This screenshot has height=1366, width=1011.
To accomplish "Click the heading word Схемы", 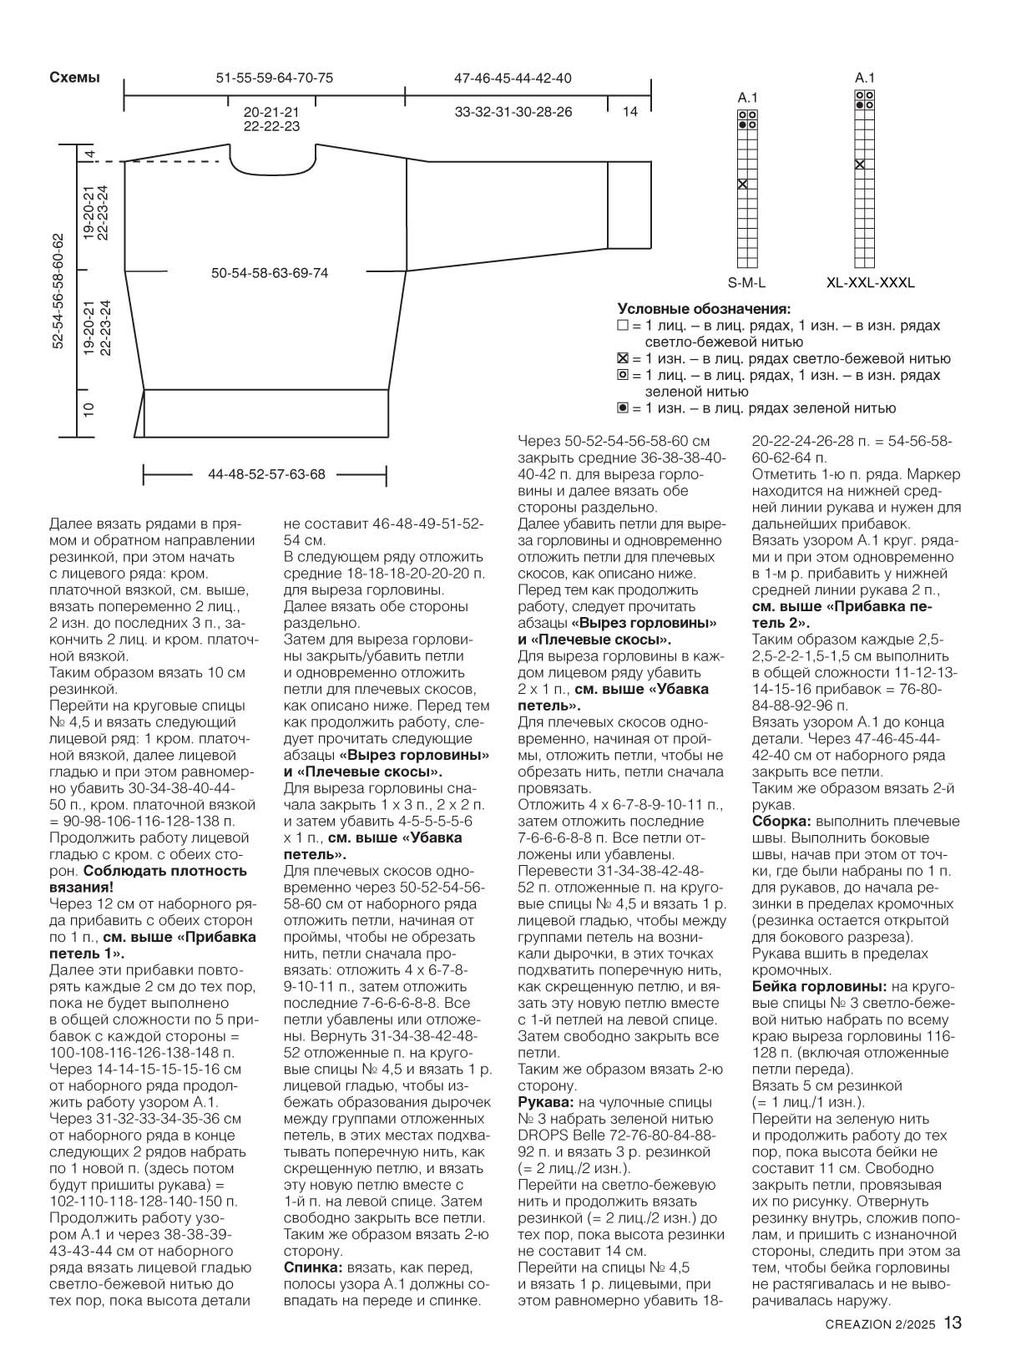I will pyautogui.click(x=74, y=78).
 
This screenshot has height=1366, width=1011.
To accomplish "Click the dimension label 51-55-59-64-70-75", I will pyautogui.click(x=274, y=78).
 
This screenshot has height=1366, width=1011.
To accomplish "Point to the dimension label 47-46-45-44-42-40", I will pyautogui.click(x=513, y=78).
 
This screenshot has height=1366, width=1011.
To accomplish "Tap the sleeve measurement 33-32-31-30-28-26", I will pyautogui.click(x=513, y=111).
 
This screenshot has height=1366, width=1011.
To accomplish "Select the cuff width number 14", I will pyautogui.click(x=629, y=111).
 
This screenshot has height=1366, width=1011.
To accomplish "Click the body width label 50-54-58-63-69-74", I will pyautogui.click(x=270, y=273).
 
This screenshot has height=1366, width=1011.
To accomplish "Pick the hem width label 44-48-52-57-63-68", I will pyautogui.click(x=266, y=474).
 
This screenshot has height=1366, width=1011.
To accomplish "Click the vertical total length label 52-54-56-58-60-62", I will pyautogui.click(x=58, y=291).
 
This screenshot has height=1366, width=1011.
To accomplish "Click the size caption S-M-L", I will pyautogui.click(x=746, y=282).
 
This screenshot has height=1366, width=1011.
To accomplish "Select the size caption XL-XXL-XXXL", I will pyautogui.click(x=870, y=282).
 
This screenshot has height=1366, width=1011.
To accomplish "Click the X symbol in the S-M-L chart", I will pyautogui.click(x=742, y=184).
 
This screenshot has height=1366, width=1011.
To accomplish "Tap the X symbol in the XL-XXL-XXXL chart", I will pyautogui.click(x=859, y=164).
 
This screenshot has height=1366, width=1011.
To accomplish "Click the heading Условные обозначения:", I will pyautogui.click(x=704, y=308).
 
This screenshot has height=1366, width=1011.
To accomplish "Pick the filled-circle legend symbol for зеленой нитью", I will pyautogui.click(x=622, y=408).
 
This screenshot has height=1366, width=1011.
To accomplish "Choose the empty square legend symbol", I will pyautogui.click(x=622, y=326).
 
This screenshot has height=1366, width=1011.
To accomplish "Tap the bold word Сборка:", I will pyautogui.click(x=782, y=822).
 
